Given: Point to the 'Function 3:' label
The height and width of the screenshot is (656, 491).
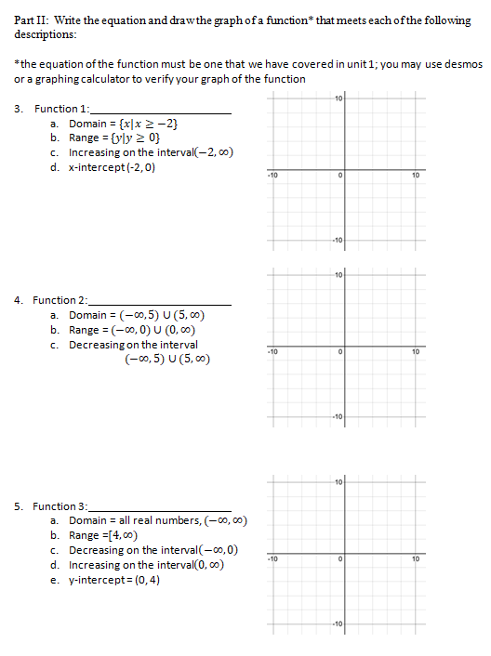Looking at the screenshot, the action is pos(60,506).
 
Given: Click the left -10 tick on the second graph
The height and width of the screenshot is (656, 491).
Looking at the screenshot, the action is pos(272,352).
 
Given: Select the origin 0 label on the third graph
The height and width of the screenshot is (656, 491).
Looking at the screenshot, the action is pos(341,559).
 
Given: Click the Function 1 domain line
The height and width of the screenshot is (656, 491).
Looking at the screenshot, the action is pos(122,124).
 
